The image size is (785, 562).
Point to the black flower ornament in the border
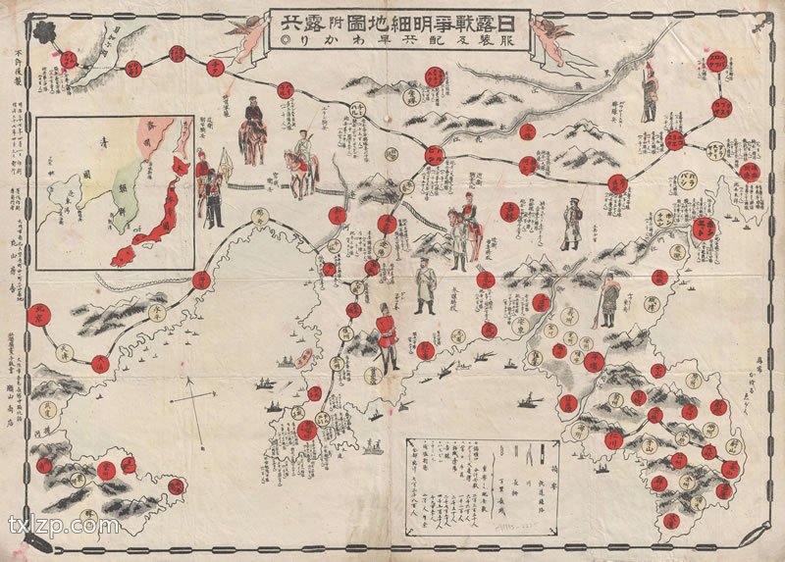click(45, 32)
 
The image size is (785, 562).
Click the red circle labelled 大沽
click(99, 364)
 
